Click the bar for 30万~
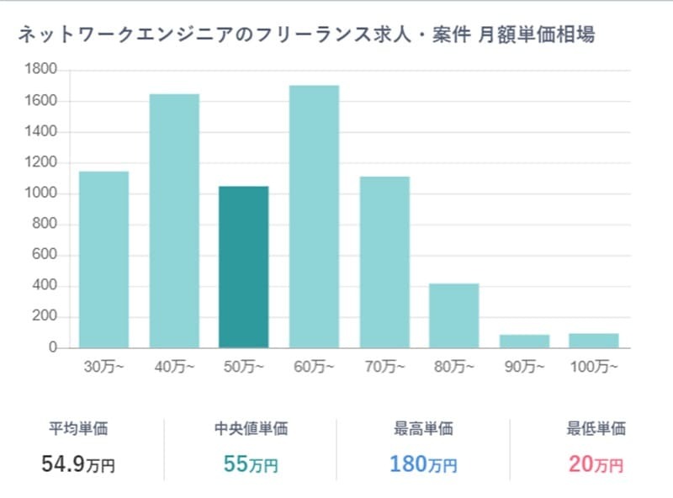pos(103,259)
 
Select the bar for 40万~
pos(174,220)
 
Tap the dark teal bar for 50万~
pos(244,267)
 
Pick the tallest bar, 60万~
pos(314,216)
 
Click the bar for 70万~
pos(384,262)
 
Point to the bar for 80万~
pos(453,315)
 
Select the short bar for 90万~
pos(523,341)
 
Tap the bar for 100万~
pos(593,340)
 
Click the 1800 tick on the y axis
pos(42,70)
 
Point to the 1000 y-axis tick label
pos(42,193)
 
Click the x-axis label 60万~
pos(314,367)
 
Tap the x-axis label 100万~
pos(593,367)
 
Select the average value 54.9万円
pos(78,463)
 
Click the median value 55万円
pos(251,463)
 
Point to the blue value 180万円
pos(423,463)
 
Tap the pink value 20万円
pos(596,463)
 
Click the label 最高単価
pos(423,428)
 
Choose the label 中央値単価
pos(251,428)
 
